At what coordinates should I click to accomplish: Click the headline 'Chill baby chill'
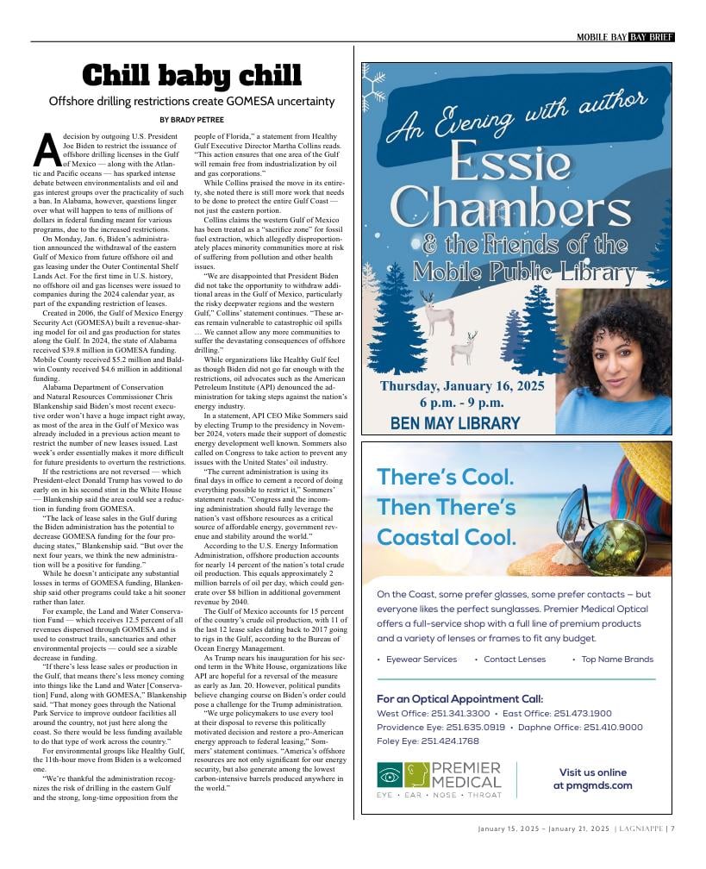191,76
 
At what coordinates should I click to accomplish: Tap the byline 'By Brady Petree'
191,119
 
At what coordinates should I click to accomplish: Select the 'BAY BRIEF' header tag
652,37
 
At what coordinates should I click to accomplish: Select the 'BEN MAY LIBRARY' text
455,422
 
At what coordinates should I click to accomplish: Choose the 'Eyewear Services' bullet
421,659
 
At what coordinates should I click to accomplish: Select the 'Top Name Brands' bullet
617,659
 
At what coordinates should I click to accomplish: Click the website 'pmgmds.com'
592,785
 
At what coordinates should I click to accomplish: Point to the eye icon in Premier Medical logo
390,773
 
